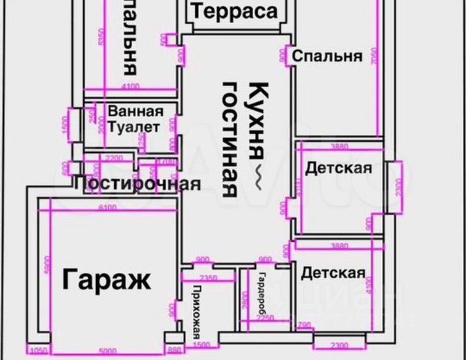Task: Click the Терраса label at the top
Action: point(236,11)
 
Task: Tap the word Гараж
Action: point(107,280)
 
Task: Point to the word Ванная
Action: point(136,112)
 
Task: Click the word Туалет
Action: point(134,127)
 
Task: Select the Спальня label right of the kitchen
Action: point(326,55)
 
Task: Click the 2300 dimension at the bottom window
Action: point(341,346)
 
